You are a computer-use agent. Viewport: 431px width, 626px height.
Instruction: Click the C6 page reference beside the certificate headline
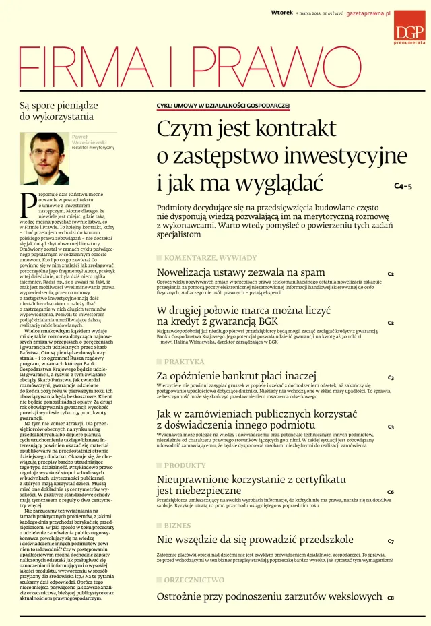tap(391, 492)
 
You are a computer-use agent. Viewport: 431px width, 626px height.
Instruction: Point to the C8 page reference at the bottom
tap(391, 598)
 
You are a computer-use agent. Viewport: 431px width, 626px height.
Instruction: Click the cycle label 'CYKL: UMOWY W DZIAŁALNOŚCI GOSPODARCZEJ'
tap(222, 106)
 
